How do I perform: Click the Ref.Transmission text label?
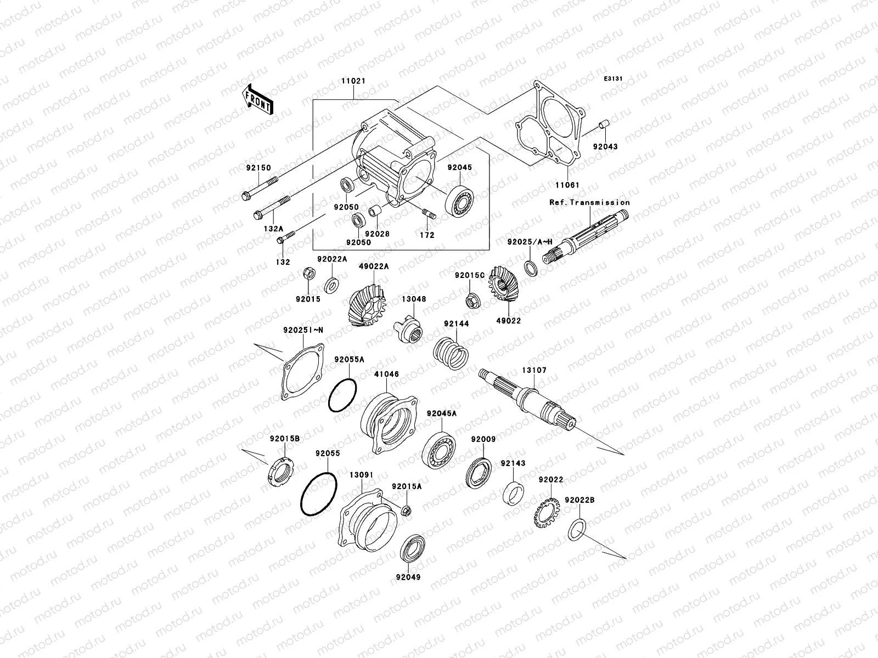click(589, 202)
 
